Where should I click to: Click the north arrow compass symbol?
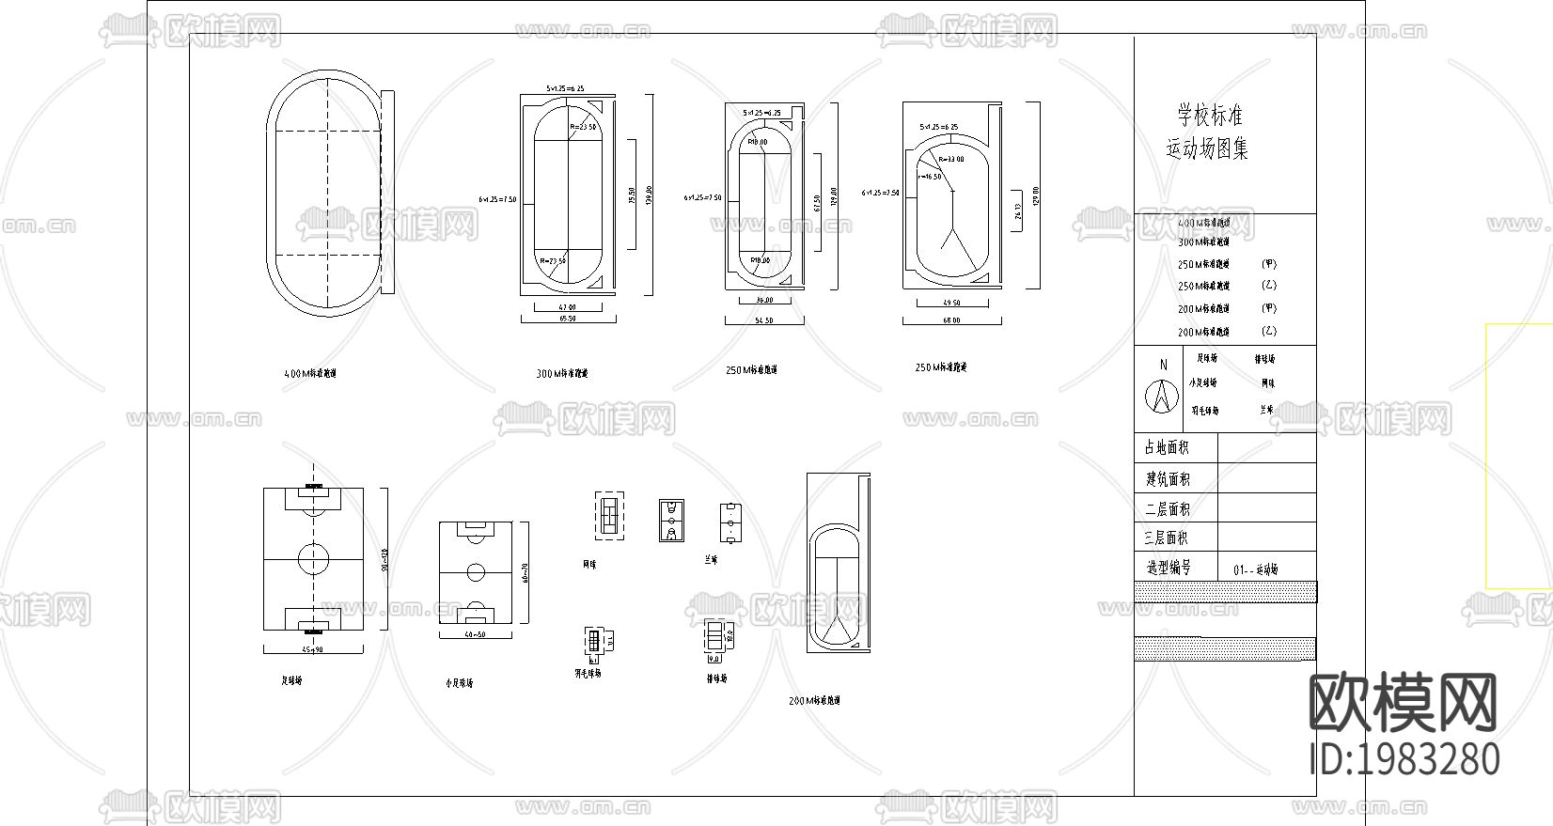[1162, 396]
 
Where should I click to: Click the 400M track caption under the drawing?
[310, 373]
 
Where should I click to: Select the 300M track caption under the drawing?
[562, 374]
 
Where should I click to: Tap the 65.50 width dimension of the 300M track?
[567, 319]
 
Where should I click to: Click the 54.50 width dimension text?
[763, 320]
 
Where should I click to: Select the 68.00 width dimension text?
[951, 320]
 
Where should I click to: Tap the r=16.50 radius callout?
[930, 176]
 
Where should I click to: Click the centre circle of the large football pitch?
[314, 560]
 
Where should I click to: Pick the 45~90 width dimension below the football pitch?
[313, 649]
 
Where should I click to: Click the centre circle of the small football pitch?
[476, 570]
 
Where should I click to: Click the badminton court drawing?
[593, 642]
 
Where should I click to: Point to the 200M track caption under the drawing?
[814, 701]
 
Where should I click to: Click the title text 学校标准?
[1210, 117]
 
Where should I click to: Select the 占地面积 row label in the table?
[1167, 448]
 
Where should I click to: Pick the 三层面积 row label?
[1167, 538]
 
